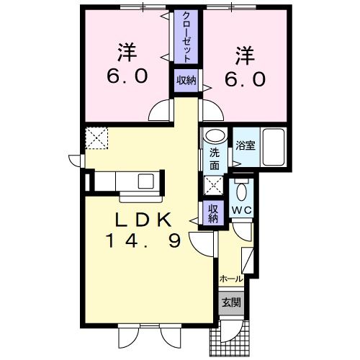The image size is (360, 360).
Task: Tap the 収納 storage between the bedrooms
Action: coord(186,81)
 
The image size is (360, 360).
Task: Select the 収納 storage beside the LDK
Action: coord(213,213)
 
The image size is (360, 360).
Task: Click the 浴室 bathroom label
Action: coord(245,145)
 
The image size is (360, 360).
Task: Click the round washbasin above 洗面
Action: coord(214,136)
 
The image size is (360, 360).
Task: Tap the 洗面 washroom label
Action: coord(214,158)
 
